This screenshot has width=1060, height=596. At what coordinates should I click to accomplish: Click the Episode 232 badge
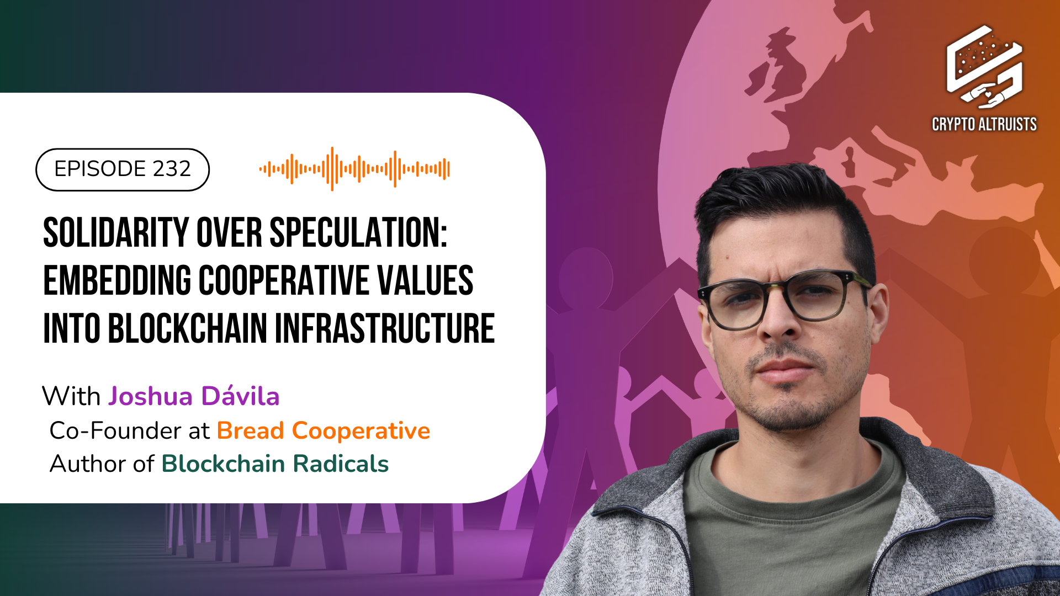[123, 169]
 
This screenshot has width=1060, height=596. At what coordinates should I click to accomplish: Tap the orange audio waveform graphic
[354, 169]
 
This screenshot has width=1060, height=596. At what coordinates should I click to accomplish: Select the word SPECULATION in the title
[358, 233]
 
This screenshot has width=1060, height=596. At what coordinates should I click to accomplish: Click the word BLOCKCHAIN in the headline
[187, 329]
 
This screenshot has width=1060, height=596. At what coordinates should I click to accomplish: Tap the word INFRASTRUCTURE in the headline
[385, 329]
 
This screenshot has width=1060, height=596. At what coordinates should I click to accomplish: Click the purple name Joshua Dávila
[194, 396]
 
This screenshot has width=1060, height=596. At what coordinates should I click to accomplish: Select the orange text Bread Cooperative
[323, 431]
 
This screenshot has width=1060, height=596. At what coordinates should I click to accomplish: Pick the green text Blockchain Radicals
[275, 464]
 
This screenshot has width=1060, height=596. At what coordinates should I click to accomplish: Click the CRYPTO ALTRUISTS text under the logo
[984, 124]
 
